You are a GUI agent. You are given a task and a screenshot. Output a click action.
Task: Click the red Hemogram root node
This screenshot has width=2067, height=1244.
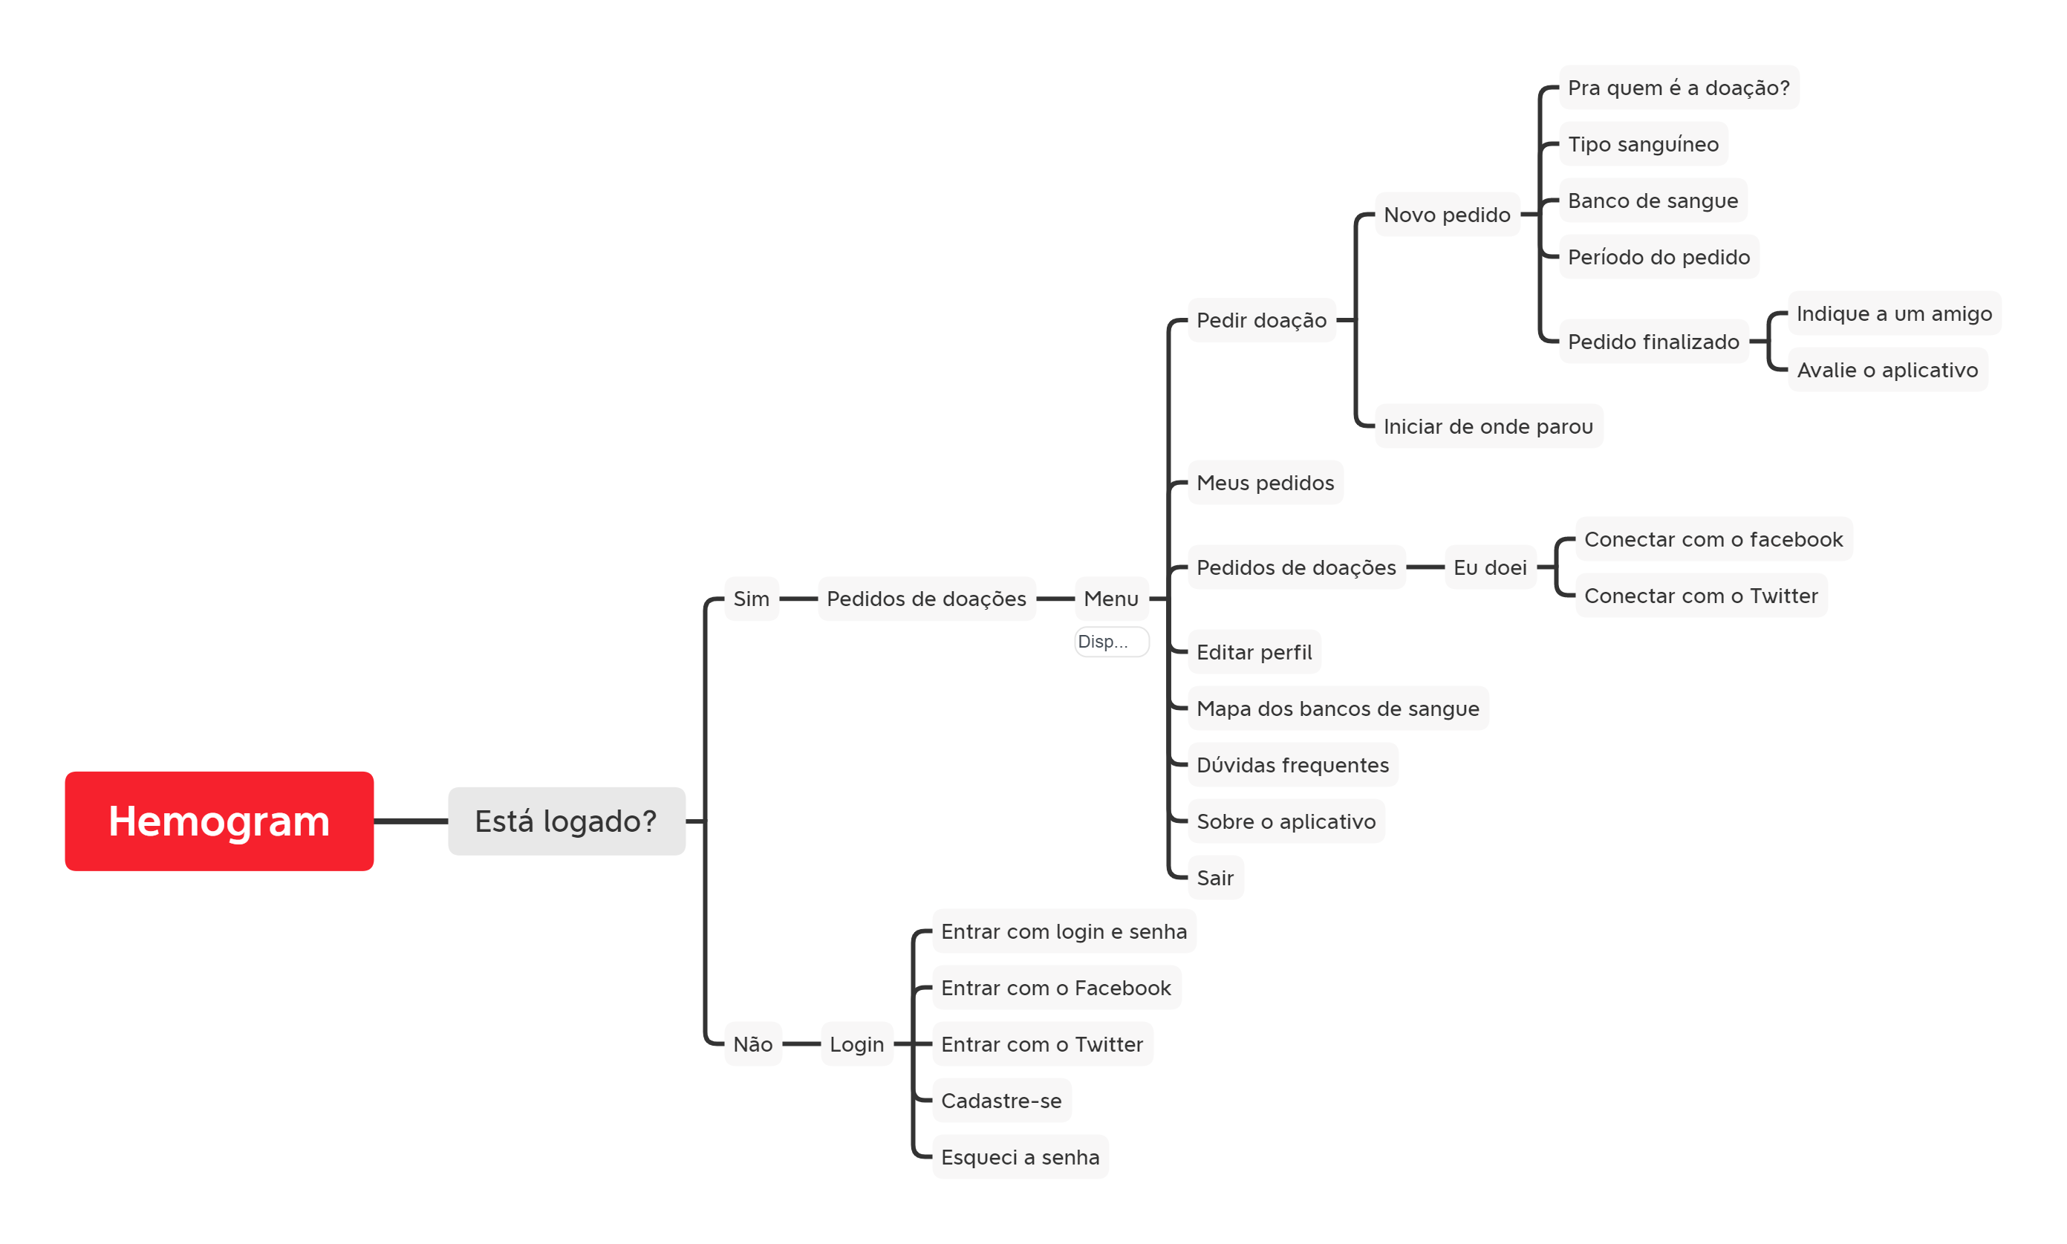[219, 821]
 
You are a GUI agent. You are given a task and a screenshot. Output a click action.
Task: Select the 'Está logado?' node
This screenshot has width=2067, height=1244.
[566, 821]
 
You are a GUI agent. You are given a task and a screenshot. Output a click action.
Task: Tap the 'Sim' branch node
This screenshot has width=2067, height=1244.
[751, 599]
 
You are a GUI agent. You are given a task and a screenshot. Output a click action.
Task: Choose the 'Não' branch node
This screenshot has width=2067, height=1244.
[752, 1043]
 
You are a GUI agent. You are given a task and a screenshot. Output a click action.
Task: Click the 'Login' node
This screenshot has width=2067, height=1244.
[856, 1043]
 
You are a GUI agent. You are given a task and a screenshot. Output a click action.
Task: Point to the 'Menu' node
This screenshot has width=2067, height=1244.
[1110, 599]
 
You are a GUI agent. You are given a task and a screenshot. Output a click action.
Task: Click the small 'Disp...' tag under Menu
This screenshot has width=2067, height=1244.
[1110, 641]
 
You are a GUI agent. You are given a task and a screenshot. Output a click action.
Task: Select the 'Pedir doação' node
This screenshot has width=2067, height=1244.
[1260, 319]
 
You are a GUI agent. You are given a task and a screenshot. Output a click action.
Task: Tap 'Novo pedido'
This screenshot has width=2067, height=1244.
[1447, 215]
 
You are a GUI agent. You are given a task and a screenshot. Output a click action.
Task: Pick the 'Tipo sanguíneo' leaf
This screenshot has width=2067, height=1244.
[1643, 144]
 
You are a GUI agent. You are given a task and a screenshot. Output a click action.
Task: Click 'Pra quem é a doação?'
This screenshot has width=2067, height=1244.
[1678, 88]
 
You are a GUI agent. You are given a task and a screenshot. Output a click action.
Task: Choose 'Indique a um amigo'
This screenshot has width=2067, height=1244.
[1893, 313]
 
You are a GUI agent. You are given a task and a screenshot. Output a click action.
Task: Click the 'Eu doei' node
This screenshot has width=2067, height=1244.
[1489, 567]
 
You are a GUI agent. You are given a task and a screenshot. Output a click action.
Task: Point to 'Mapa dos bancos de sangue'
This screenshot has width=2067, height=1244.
[1338, 709]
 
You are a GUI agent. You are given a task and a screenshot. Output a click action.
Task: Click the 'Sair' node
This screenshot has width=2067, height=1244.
[1214, 878]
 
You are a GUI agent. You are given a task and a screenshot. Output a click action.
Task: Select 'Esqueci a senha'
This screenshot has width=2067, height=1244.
[1019, 1157]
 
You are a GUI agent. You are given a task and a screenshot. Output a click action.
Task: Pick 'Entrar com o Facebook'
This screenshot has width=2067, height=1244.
[1055, 988]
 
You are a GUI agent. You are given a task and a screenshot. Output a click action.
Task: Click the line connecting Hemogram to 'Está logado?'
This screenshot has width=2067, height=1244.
[411, 821]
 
